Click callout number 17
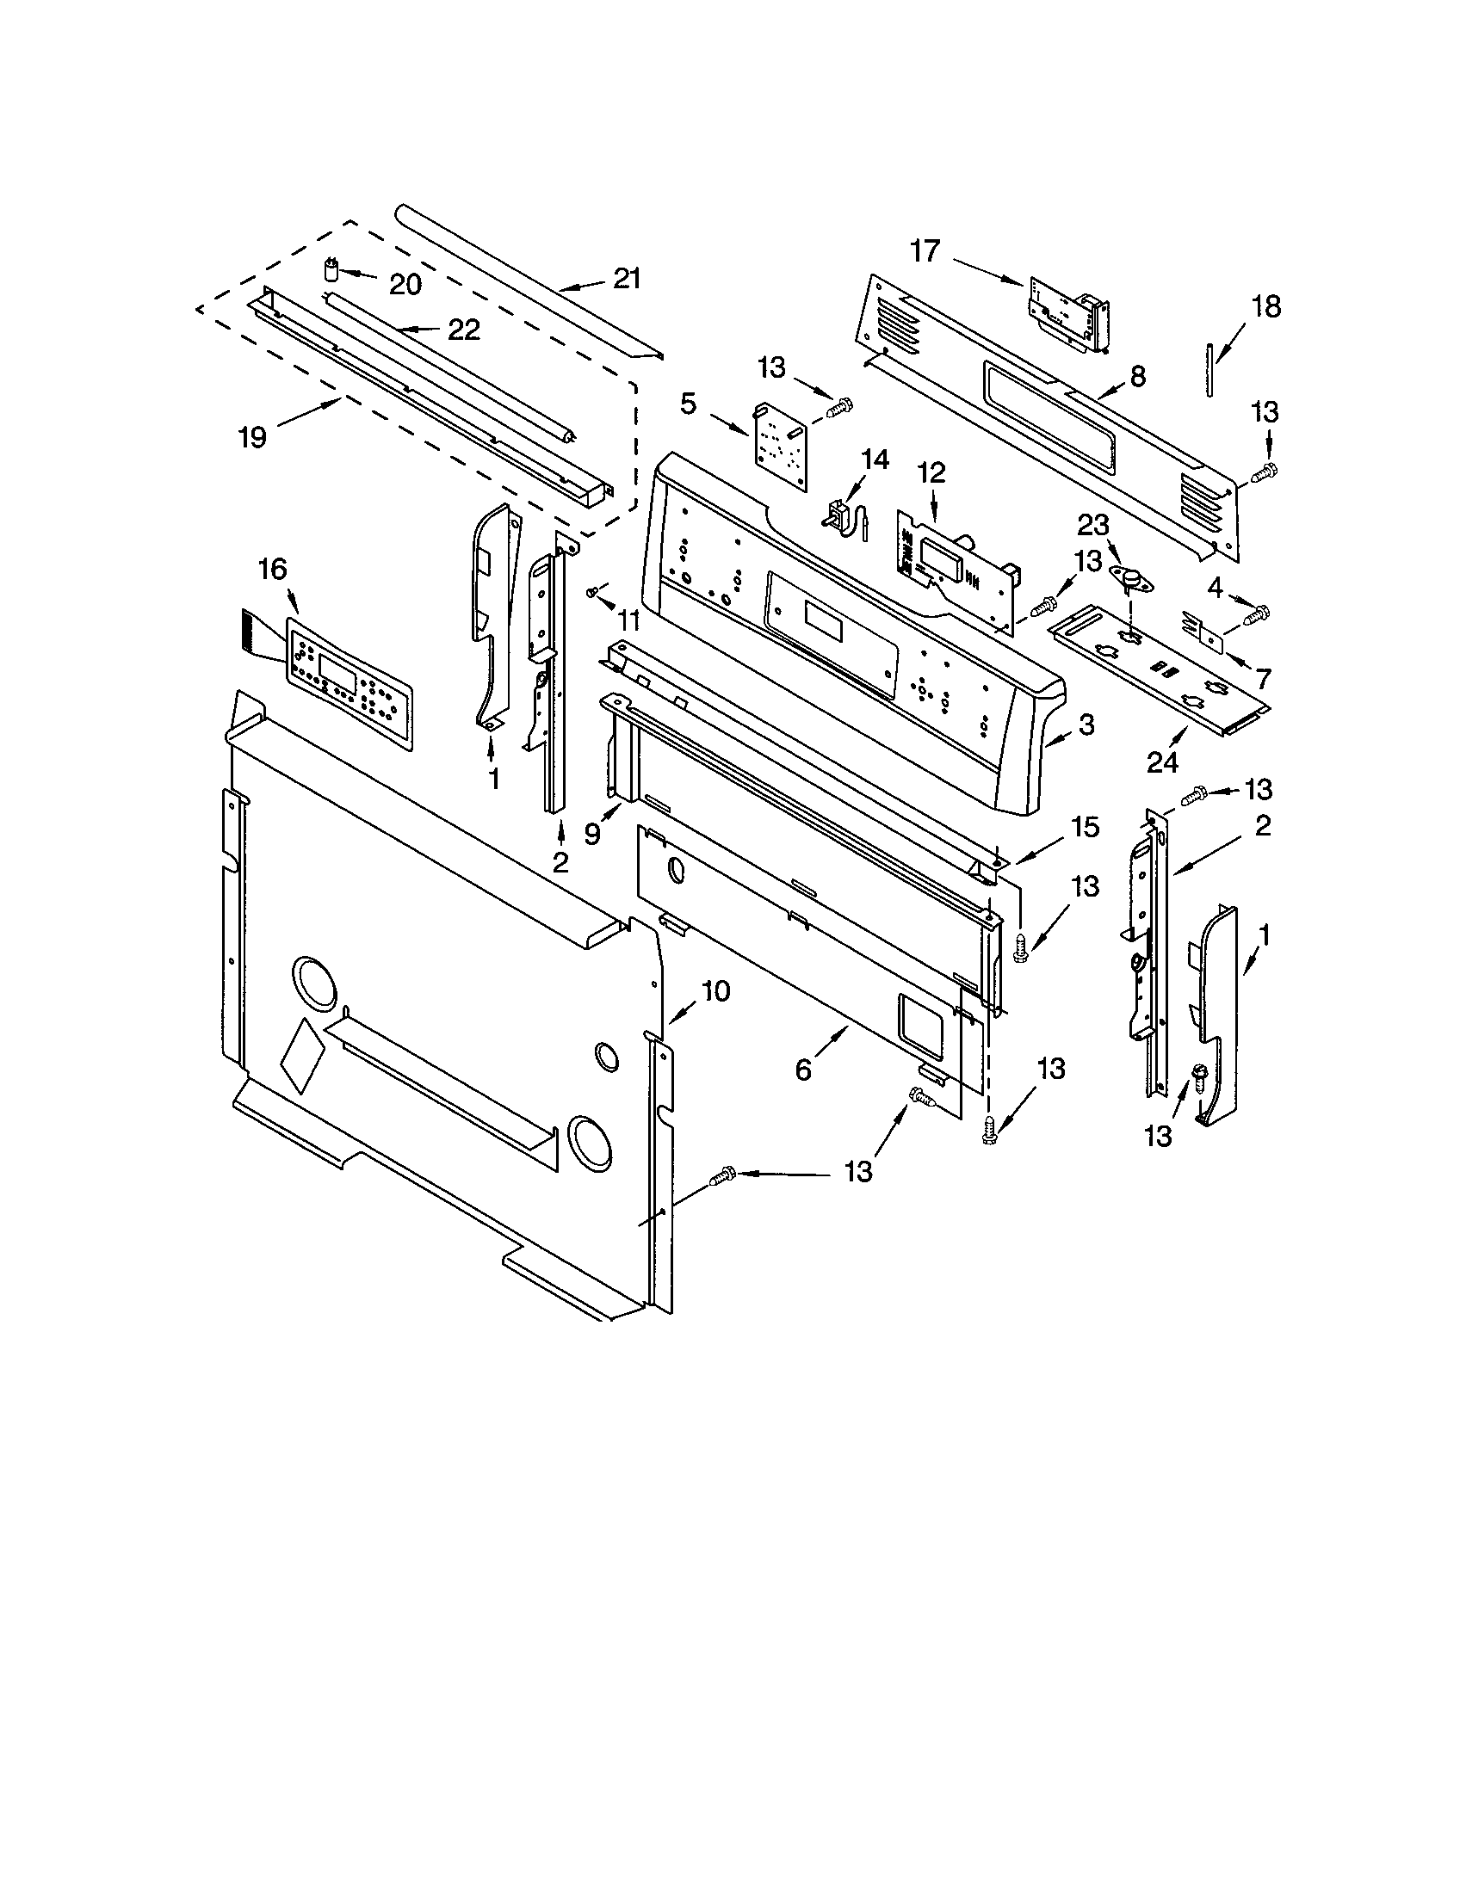coord(925,251)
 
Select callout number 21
coord(627,279)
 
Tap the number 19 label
coord(252,438)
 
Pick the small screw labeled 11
coord(591,591)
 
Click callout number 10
coord(715,990)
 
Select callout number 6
coord(803,1071)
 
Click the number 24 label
coord(1163,762)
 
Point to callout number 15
coord(1085,827)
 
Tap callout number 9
coord(592,834)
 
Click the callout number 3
coord(1086,725)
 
